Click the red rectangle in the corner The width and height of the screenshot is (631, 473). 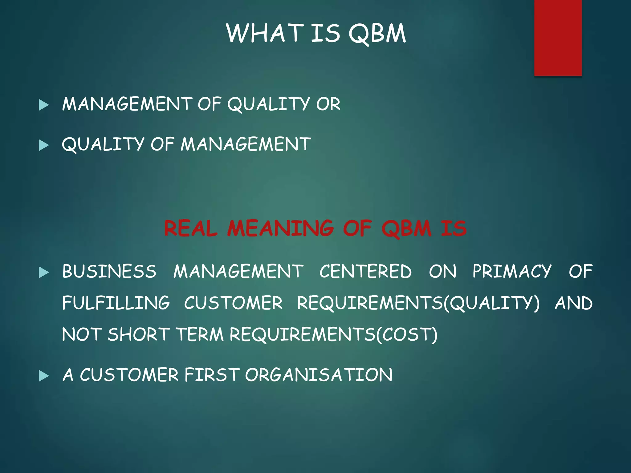558,38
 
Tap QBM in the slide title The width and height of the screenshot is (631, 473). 377,34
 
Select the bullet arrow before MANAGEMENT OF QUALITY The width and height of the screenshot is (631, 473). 44,105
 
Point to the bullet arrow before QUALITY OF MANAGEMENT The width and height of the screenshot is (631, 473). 44,145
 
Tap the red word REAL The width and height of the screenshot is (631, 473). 191,228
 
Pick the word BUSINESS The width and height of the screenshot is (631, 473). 109,271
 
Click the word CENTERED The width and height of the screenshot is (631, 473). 365,271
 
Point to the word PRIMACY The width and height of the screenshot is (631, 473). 512,271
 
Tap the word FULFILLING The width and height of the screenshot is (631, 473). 116,303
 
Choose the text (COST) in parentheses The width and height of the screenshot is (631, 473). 407,335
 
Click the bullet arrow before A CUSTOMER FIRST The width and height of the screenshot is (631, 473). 44,376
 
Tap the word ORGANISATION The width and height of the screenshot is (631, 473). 319,375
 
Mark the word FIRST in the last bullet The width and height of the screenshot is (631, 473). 212,375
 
